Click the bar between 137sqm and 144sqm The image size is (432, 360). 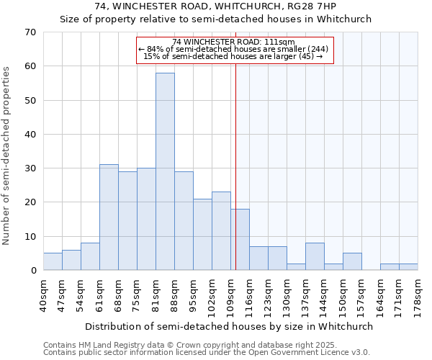pos(315,256)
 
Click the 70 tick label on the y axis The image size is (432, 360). pos(30,32)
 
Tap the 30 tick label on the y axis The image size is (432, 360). pos(30,168)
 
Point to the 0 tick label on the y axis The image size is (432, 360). pos(33,271)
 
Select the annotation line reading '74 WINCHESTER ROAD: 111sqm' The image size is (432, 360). pos(235,42)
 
